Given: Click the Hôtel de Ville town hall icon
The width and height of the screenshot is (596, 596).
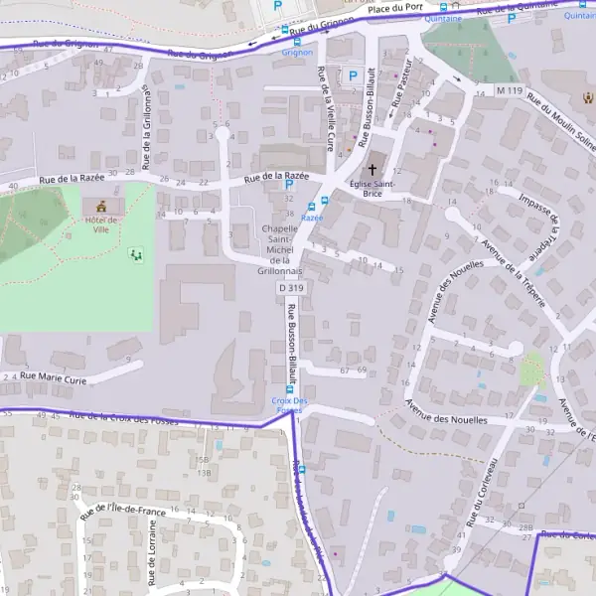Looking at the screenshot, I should point(101,207).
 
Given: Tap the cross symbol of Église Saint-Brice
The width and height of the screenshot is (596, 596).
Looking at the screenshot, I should point(373,170).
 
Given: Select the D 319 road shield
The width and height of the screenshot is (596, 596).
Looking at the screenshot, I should point(290,287).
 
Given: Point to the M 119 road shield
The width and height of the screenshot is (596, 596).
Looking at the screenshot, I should point(509,90).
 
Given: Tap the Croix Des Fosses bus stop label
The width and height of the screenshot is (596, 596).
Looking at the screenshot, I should point(290,404).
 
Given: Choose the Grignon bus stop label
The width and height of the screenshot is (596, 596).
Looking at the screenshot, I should point(296,52).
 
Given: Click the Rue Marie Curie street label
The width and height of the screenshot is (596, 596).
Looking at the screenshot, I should point(60,376).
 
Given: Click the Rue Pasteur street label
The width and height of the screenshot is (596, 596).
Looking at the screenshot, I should point(400,95).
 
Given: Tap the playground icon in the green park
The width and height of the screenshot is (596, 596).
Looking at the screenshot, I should point(136,255).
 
